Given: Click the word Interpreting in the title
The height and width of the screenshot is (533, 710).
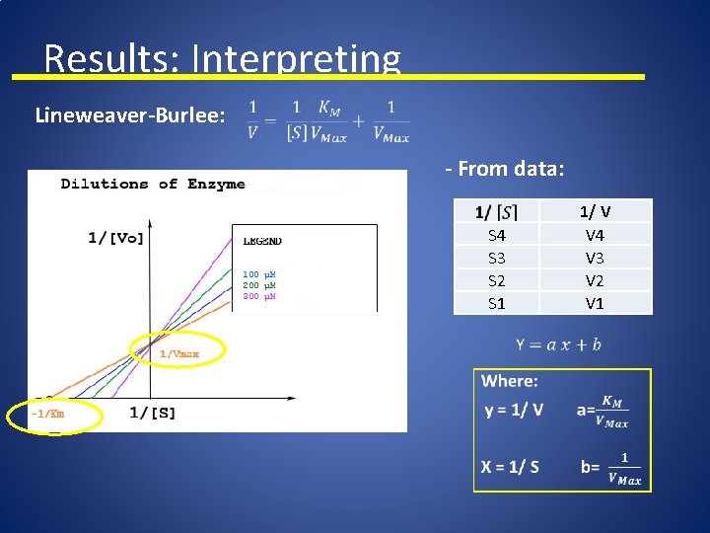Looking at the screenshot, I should pos(296,60).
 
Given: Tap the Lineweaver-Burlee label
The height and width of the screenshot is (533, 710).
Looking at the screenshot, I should pos(129,115).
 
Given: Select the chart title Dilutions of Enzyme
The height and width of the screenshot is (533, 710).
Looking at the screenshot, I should pos(153,184).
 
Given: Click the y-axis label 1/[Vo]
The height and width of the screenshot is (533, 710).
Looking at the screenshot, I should pos(115,237).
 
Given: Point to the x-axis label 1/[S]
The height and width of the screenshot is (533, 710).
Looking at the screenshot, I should pos(152,413).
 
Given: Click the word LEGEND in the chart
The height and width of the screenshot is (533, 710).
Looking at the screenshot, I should pos(262,241).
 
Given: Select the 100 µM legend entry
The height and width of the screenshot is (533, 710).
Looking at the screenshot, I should pos(258,273).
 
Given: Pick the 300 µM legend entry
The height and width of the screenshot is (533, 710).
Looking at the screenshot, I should pos(258,296).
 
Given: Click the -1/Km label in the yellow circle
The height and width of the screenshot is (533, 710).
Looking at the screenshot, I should pos(47,415).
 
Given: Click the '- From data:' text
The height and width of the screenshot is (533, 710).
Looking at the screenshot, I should pos(504,169).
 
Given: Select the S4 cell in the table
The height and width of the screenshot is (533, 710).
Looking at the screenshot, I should pos(497,236).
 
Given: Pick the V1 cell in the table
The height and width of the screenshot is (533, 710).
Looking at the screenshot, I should pos(595,304).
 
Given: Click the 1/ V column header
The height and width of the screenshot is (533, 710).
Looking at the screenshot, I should pos(595,211).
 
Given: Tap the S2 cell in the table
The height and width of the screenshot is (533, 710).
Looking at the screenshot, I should pos(497,281).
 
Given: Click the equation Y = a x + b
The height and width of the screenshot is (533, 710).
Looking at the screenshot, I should pos(558,344).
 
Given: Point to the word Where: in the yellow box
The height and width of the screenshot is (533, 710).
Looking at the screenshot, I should pos(509,381).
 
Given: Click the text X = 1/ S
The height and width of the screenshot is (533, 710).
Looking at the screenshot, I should pos(510,467).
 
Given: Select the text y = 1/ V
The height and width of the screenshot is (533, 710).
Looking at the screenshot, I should pos(513,410).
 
